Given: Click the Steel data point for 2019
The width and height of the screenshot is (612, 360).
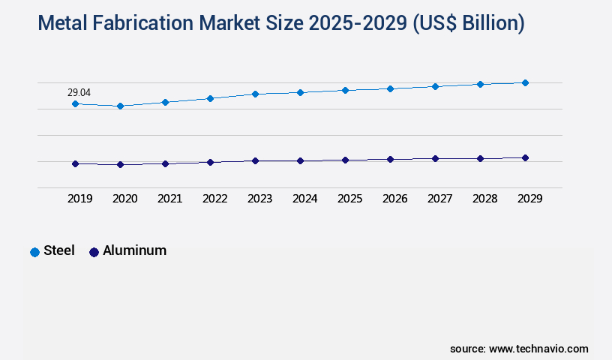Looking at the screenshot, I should click(75, 103).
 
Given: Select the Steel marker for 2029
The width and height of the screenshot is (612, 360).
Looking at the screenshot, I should click(525, 82).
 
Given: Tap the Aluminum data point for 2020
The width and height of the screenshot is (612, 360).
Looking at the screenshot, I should click(120, 164).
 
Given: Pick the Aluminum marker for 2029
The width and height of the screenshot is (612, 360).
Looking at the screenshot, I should click(525, 157).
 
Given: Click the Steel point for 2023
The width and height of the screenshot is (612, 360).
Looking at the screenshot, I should click(255, 94).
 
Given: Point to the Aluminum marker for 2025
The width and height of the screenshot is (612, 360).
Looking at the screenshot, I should click(345, 160).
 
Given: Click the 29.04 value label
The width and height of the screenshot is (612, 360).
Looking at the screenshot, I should click(79, 92).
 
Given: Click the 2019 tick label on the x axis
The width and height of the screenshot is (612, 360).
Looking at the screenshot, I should click(80, 199).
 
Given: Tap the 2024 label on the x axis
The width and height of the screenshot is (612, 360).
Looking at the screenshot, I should click(305, 199).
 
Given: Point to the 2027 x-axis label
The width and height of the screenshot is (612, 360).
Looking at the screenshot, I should click(440, 199).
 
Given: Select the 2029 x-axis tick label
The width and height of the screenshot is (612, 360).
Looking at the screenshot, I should click(530, 199).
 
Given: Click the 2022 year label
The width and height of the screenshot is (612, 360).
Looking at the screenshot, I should click(215, 199).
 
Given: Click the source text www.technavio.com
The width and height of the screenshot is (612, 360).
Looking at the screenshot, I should click(538, 349).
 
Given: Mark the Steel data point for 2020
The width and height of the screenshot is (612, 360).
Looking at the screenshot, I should click(120, 106).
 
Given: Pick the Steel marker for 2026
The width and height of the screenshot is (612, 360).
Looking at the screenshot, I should click(390, 88).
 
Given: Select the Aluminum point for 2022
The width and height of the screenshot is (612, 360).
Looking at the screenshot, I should click(210, 162).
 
